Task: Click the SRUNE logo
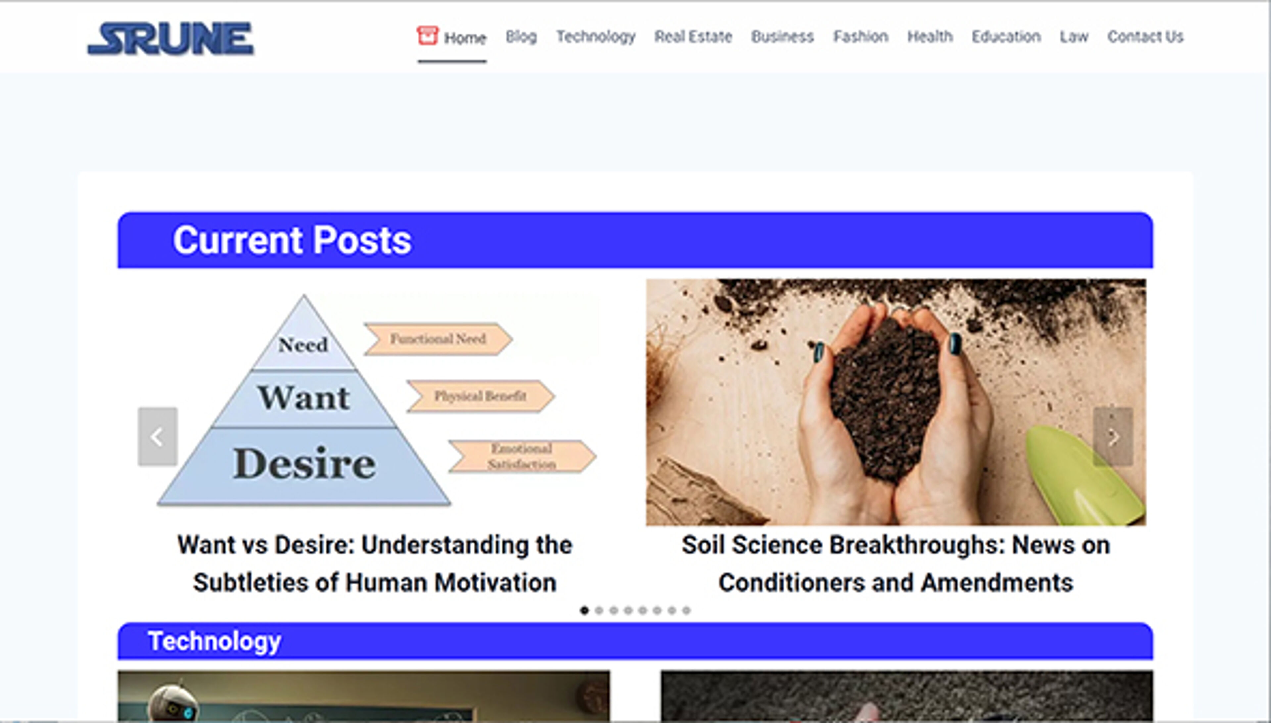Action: (170, 38)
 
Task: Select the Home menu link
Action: (465, 38)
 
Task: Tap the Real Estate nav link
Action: (693, 37)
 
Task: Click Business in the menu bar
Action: (782, 37)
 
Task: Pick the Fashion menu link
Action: (861, 37)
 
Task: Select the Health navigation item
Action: (930, 37)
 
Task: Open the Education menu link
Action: (1006, 37)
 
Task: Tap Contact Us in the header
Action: (1145, 37)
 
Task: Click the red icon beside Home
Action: (427, 36)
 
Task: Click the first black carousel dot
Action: (584, 610)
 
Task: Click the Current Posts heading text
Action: (292, 240)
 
